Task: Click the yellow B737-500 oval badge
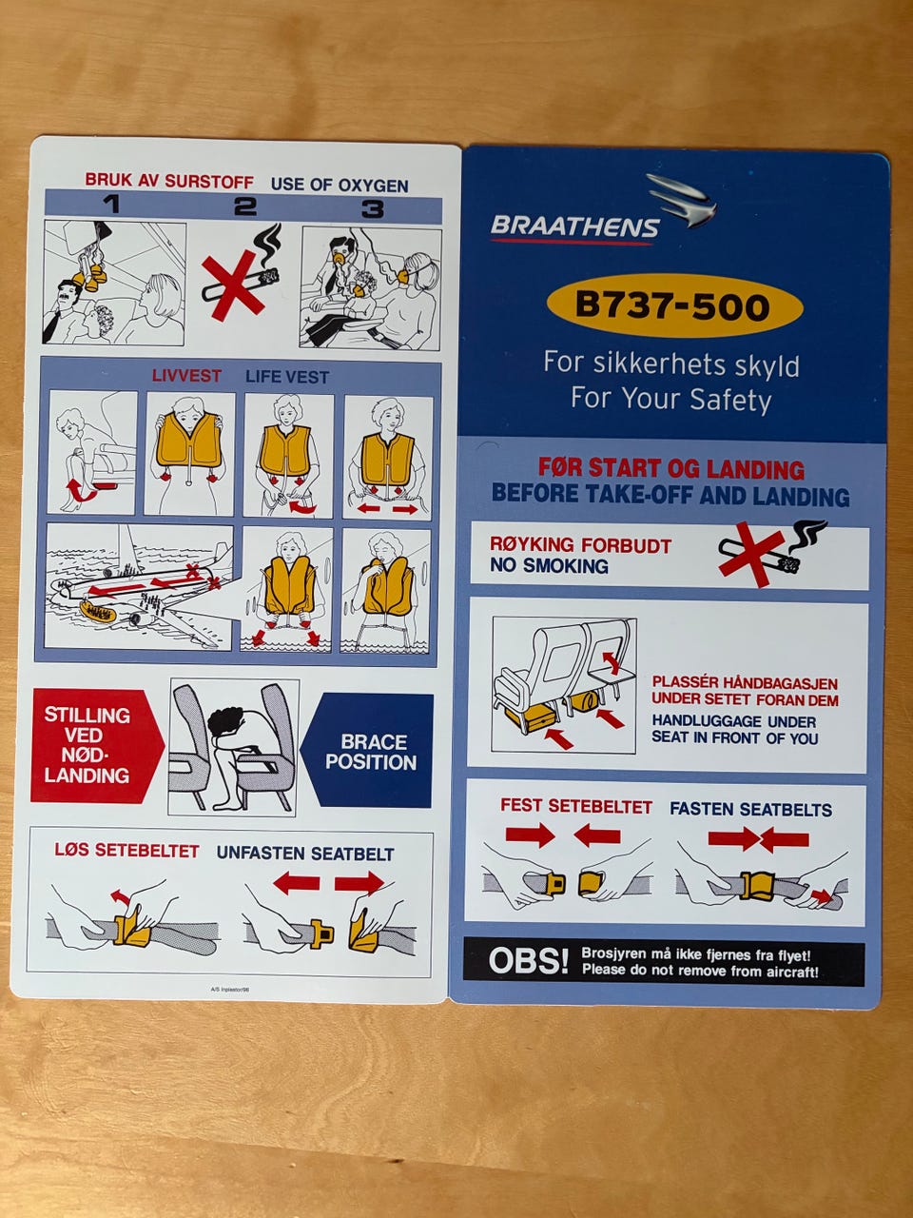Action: (x=674, y=305)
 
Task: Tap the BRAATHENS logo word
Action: (x=574, y=226)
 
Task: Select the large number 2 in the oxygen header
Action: (x=245, y=206)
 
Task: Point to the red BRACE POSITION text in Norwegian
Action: (x=87, y=745)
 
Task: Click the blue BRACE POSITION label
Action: (x=370, y=752)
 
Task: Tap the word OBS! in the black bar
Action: (x=528, y=960)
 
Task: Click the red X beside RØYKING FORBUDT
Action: (x=751, y=554)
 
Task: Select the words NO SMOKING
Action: (x=549, y=565)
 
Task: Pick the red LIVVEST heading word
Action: (x=186, y=376)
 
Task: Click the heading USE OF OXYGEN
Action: (x=340, y=185)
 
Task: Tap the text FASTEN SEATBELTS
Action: (x=750, y=809)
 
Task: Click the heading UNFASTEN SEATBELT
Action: (x=305, y=853)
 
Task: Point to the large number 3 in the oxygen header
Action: (x=373, y=208)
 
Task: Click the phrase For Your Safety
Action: (x=670, y=399)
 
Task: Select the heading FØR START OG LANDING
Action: (x=670, y=469)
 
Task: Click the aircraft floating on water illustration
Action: (x=140, y=586)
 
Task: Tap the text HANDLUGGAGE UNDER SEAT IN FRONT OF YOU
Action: (x=734, y=729)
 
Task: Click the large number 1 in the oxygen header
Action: (x=112, y=205)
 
